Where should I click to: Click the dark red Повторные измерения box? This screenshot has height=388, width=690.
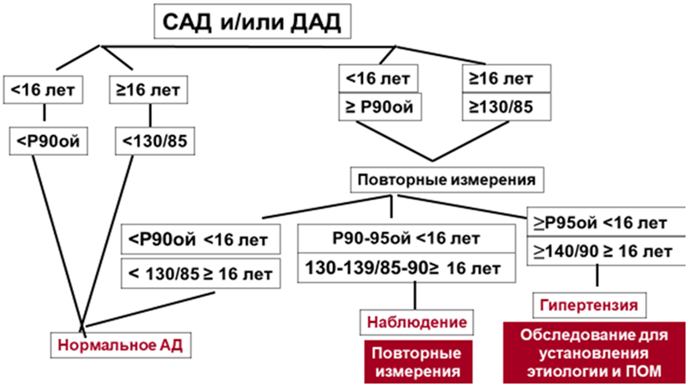416,359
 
